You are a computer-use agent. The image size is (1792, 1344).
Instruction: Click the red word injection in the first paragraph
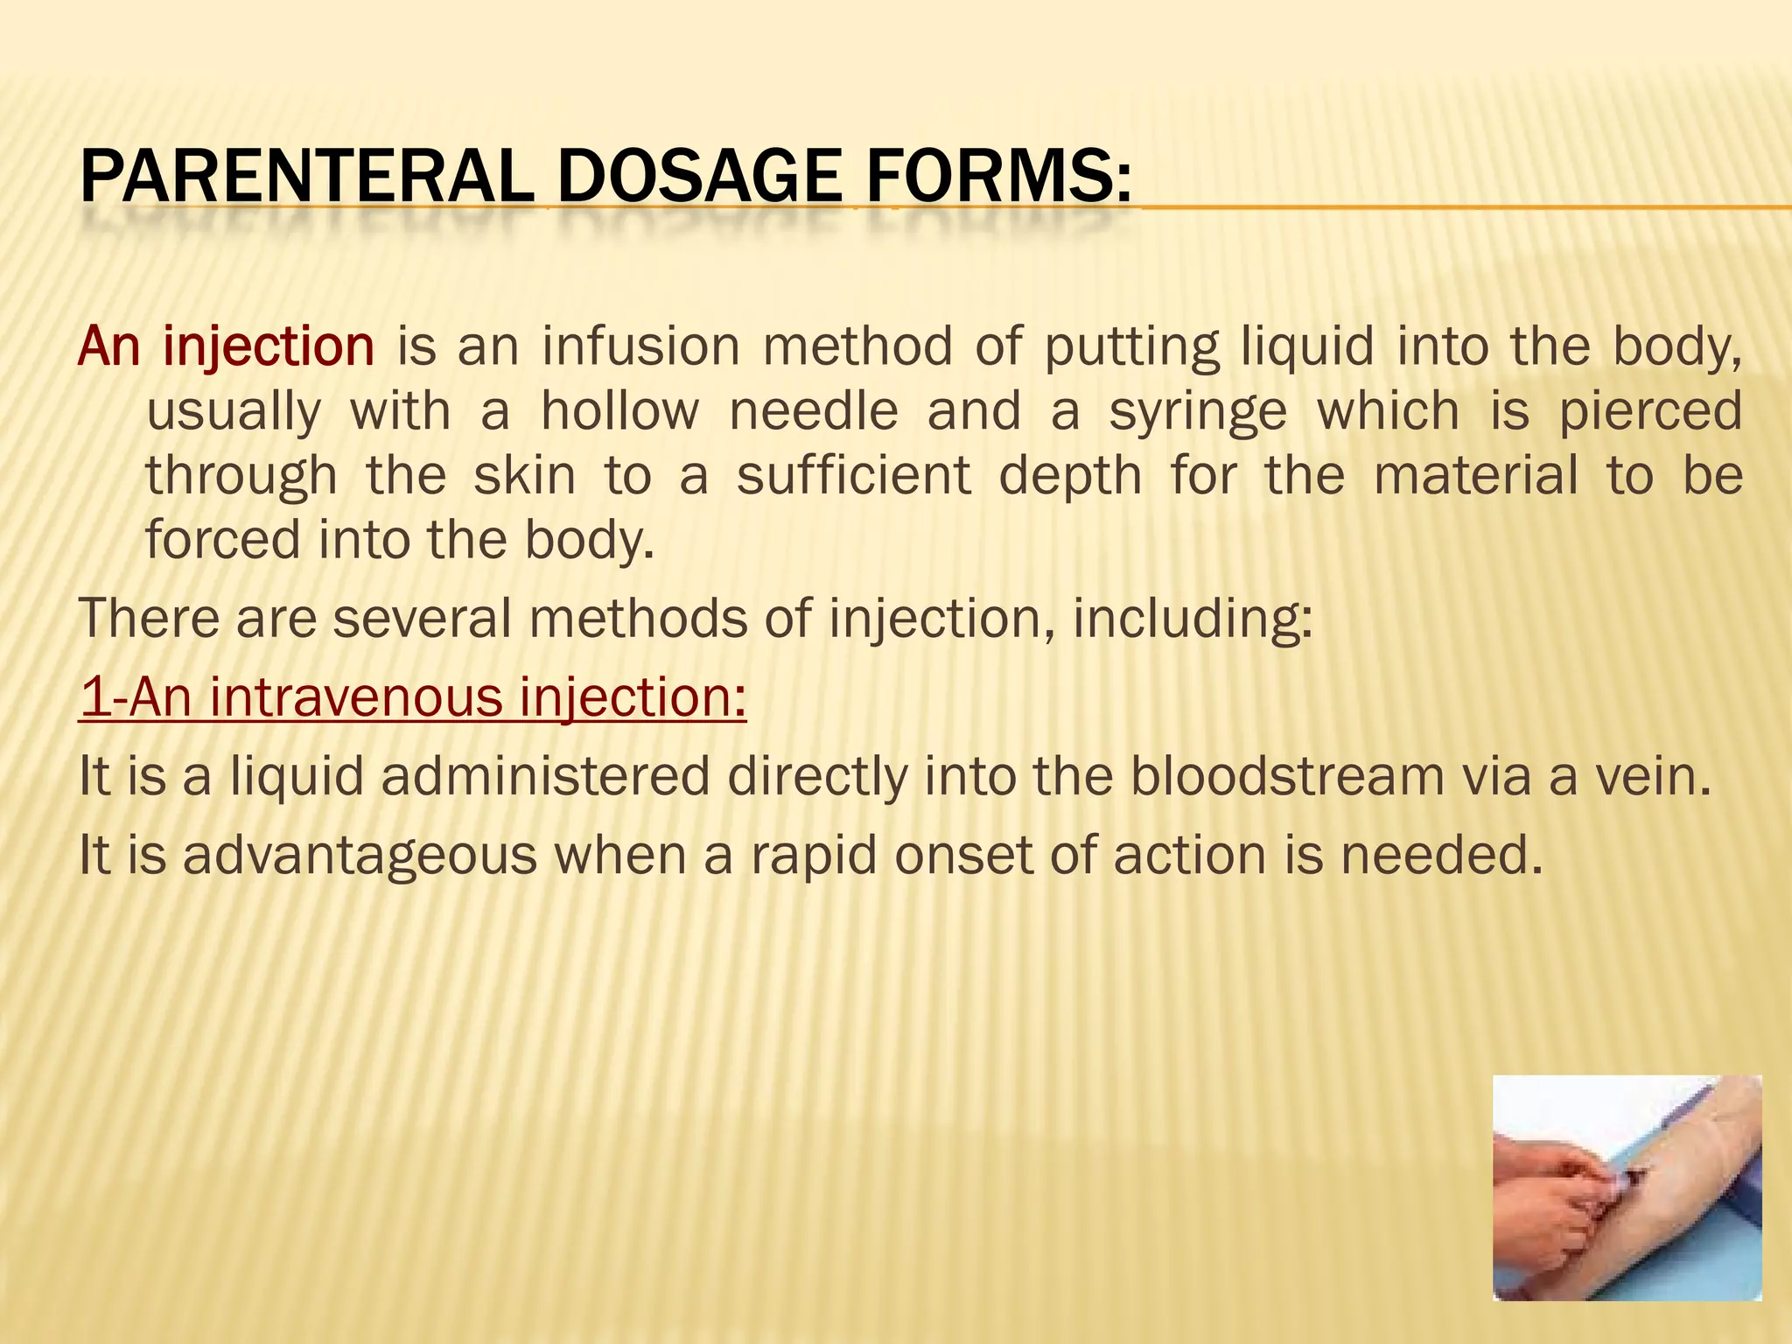coord(269,346)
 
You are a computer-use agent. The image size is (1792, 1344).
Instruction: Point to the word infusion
coord(640,346)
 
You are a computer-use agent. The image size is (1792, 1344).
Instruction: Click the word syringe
coord(1198,412)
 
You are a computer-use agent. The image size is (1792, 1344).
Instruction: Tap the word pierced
coord(1650,410)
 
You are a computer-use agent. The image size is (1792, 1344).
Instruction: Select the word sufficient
coord(853,475)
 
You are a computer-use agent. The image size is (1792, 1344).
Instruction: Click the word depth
coord(1070,477)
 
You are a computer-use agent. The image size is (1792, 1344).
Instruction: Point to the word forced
coord(222,539)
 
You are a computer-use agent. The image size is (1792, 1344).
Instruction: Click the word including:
coord(1193,619)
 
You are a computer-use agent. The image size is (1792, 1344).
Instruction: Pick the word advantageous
coord(360,856)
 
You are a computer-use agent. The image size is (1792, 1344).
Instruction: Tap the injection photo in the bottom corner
coord(1627,1187)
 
